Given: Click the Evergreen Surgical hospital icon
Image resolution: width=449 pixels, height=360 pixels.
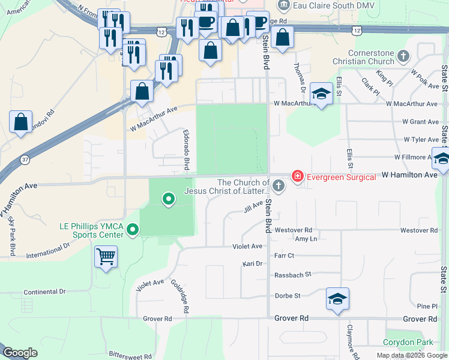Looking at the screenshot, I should coord(297,176).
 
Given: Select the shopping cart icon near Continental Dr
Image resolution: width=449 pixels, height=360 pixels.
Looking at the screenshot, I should coord(106,257).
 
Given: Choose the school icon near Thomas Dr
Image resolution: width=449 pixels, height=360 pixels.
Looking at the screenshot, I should coord(322,94).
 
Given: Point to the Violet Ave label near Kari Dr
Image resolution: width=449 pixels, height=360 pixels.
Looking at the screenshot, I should coord(247,247).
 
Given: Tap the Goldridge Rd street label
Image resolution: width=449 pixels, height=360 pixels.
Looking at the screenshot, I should coord(180,296).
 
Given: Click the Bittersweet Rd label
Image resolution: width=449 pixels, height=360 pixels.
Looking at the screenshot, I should coord(130,356).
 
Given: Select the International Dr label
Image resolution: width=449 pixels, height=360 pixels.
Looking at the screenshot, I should coord(48,251).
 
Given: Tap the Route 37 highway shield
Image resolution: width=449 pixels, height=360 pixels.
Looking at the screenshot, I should coord(23,159).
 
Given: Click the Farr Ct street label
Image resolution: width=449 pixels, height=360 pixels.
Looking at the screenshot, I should coord(283,255).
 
